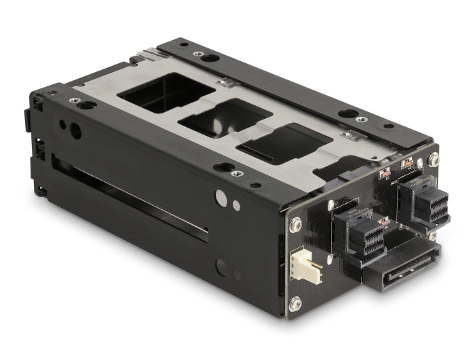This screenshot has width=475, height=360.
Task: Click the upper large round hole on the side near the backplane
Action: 221,198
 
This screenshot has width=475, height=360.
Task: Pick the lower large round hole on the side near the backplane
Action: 221,267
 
